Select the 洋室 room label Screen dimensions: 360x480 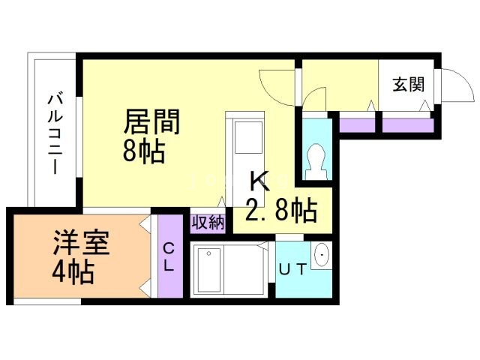coord(81,244)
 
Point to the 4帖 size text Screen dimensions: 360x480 coord(73,271)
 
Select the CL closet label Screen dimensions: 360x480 coord(169,256)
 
